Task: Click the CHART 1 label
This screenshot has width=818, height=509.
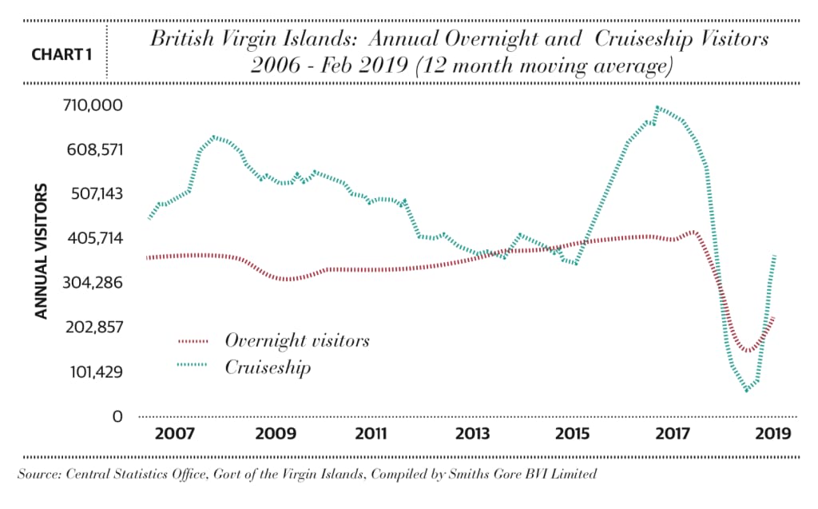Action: point(60,55)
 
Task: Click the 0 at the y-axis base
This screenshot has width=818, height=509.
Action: point(117,416)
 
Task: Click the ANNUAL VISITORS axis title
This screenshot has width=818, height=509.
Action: point(42,252)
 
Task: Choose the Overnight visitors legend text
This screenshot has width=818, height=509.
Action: point(297,340)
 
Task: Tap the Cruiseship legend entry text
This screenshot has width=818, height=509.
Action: point(268,368)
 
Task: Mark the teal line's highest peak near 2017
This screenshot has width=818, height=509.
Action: point(657,107)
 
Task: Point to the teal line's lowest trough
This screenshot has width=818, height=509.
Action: point(747,391)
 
